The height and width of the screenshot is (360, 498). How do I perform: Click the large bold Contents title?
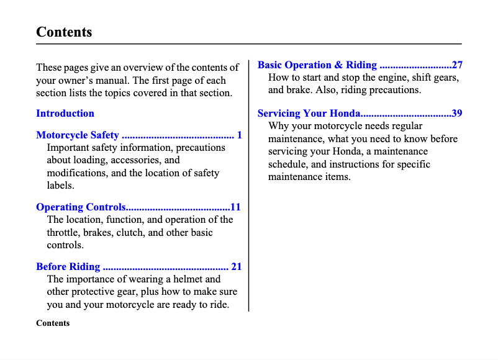(64, 32)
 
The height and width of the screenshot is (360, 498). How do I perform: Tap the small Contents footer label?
(53, 323)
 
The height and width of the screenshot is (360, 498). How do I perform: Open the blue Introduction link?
(65, 114)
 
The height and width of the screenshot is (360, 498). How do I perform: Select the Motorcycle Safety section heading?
(78, 135)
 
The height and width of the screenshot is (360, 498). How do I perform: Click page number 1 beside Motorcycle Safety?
(239, 135)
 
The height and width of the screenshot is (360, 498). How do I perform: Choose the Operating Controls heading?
(81, 207)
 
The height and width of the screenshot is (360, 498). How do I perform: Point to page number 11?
(235, 207)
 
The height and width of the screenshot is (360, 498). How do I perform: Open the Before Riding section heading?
(68, 267)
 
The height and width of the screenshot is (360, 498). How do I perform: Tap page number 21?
(236, 267)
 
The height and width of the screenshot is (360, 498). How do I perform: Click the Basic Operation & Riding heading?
(317, 65)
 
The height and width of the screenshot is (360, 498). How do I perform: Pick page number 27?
(456, 65)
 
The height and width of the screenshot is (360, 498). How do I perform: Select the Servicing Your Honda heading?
(309, 114)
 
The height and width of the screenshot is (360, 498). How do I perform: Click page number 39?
(456, 114)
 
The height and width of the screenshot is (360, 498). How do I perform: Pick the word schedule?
(288, 164)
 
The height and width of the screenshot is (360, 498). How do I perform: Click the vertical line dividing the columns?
(249, 186)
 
